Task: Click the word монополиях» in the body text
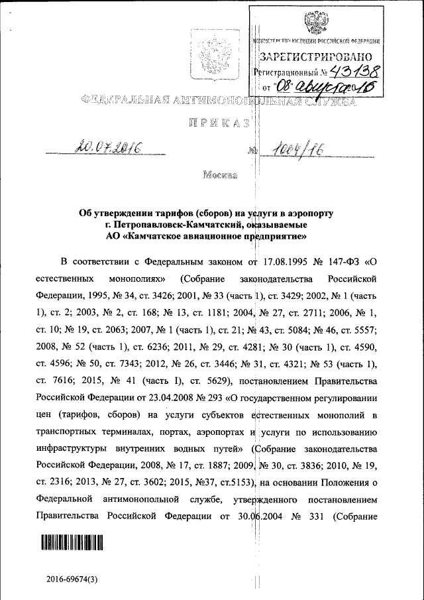point(136,275)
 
